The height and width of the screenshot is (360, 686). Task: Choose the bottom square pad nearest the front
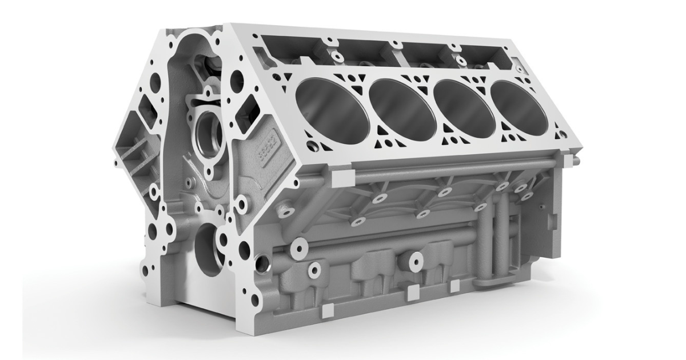328,310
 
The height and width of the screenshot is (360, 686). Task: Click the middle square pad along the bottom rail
410,293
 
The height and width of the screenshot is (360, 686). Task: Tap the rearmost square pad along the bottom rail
454,285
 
